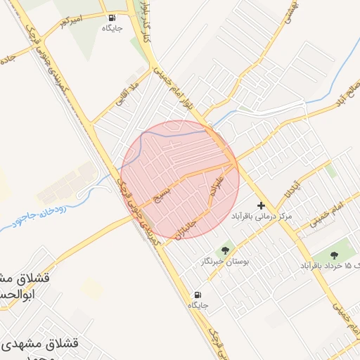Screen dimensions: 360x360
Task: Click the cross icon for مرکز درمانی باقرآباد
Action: coord(262,206)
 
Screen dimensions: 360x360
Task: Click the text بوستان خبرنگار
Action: coord(225,261)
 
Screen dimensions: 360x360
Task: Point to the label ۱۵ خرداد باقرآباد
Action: coord(330,266)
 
